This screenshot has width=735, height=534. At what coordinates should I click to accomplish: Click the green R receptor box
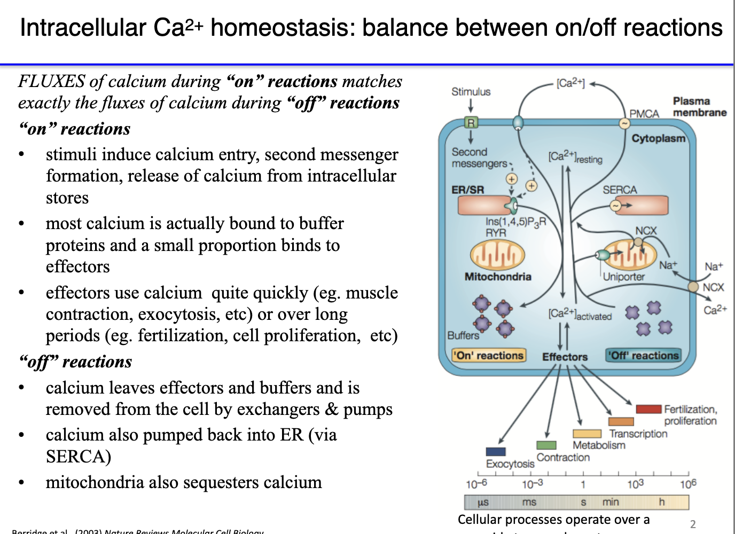[471, 123]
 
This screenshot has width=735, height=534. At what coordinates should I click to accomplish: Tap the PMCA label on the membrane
[644, 114]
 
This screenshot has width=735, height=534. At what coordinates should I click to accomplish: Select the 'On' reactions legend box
[489, 356]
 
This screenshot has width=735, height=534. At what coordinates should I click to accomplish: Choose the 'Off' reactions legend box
[644, 356]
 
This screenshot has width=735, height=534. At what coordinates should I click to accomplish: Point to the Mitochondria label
[498, 277]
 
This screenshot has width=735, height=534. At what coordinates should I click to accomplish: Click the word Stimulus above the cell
[471, 92]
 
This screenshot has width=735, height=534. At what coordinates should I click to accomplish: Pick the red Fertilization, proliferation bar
[648, 409]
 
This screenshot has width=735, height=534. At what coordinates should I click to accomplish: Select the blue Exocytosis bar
[496, 452]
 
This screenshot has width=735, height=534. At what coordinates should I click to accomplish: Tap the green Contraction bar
[546, 445]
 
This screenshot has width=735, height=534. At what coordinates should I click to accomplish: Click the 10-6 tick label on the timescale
[476, 484]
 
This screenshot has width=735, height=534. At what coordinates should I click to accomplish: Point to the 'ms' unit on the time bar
[529, 502]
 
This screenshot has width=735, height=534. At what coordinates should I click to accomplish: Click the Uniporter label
[623, 277]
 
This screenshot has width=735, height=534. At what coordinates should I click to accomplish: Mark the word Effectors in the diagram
[565, 357]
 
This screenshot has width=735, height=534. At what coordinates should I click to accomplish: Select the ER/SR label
[467, 190]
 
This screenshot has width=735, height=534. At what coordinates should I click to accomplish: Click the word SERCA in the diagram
[620, 190]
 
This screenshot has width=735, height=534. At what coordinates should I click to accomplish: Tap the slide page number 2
[693, 524]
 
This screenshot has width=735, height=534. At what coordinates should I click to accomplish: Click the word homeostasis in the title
[283, 28]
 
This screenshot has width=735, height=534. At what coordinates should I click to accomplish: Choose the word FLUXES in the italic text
[51, 81]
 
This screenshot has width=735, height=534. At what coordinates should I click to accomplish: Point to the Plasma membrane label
[699, 107]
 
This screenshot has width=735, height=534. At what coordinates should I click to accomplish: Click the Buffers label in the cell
[463, 335]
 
